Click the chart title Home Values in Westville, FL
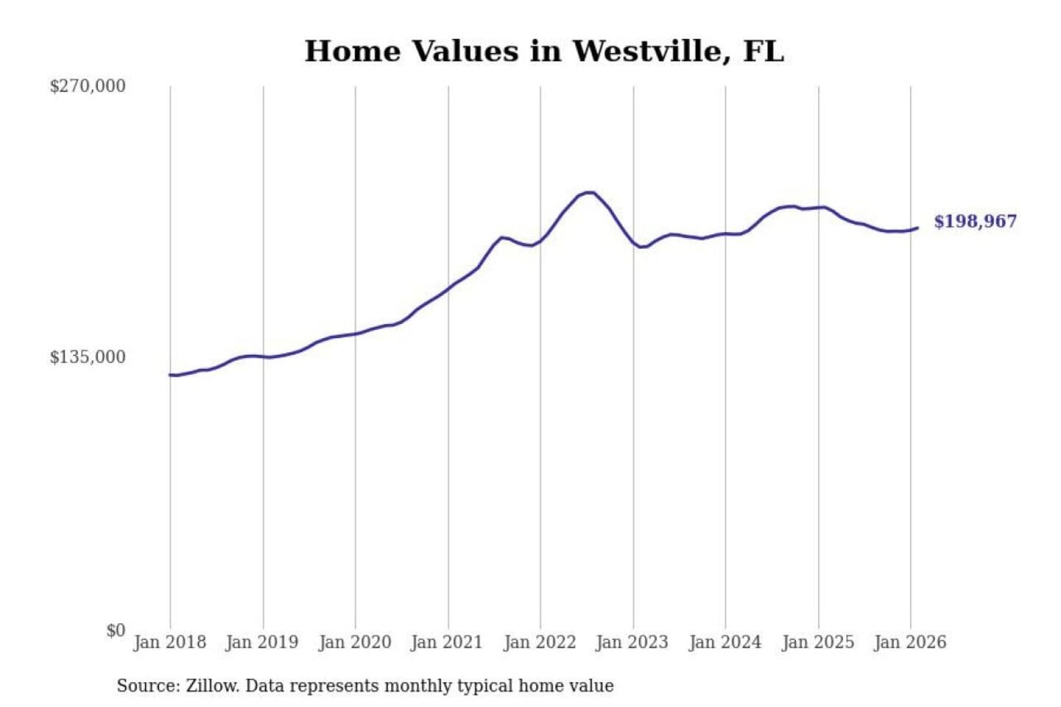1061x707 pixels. pos(544,51)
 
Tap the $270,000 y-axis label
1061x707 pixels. pos(88,86)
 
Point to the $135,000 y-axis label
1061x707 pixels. pos(88,357)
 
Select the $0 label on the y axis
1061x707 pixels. pos(116,630)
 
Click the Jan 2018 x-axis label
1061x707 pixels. pos(169,642)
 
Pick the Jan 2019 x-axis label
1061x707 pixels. pos(262,642)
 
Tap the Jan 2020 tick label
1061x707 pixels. pos(354,642)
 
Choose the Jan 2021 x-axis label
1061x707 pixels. pos(447,642)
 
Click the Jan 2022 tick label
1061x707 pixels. pos(539,642)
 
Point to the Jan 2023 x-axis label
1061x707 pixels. pos(632,642)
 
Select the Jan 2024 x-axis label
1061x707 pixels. pos(725,642)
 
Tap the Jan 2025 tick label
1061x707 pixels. pos(818,642)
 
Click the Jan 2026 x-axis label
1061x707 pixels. pos(910,642)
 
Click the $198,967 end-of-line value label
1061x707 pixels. pos(975,222)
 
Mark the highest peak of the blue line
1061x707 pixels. pos(589,192)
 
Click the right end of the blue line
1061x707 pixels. pos(917,228)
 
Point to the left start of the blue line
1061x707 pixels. pos(170,375)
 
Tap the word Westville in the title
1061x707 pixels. pos(647,51)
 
